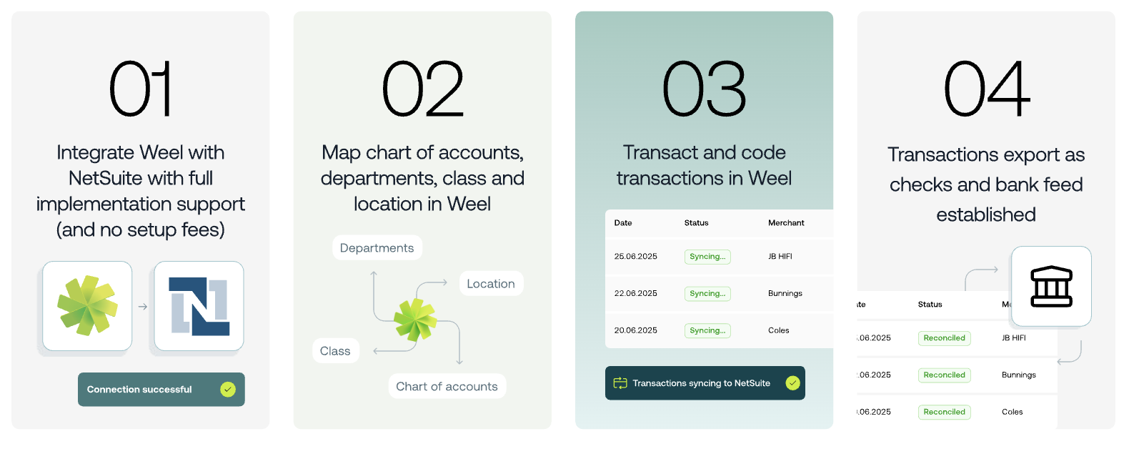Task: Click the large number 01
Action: (x=140, y=89)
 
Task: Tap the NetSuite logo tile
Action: (x=199, y=306)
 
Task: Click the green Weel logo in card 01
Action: (x=87, y=305)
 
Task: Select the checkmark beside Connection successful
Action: (x=228, y=390)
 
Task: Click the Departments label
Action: (x=377, y=247)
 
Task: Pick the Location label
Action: (x=491, y=284)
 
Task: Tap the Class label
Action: (x=335, y=351)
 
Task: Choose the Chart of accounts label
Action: (x=447, y=387)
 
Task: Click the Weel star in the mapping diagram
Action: (x=415, y=320)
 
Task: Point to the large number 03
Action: (x=705, y=89)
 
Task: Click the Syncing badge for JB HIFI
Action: (x=707, y=257)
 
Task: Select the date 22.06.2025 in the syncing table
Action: (x=636, y=293)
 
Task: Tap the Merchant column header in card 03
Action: (x=786, y=223)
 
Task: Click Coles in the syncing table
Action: (x=778, y=330)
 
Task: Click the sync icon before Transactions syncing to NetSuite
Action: (x=620, y=383)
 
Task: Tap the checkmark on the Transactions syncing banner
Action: (x=792, y=383)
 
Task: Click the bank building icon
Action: (x=1052, y=287)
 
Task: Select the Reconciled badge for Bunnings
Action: (x=944, y=375)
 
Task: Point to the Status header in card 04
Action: (x=930, y=305)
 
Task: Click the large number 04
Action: (x=987, y=89)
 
